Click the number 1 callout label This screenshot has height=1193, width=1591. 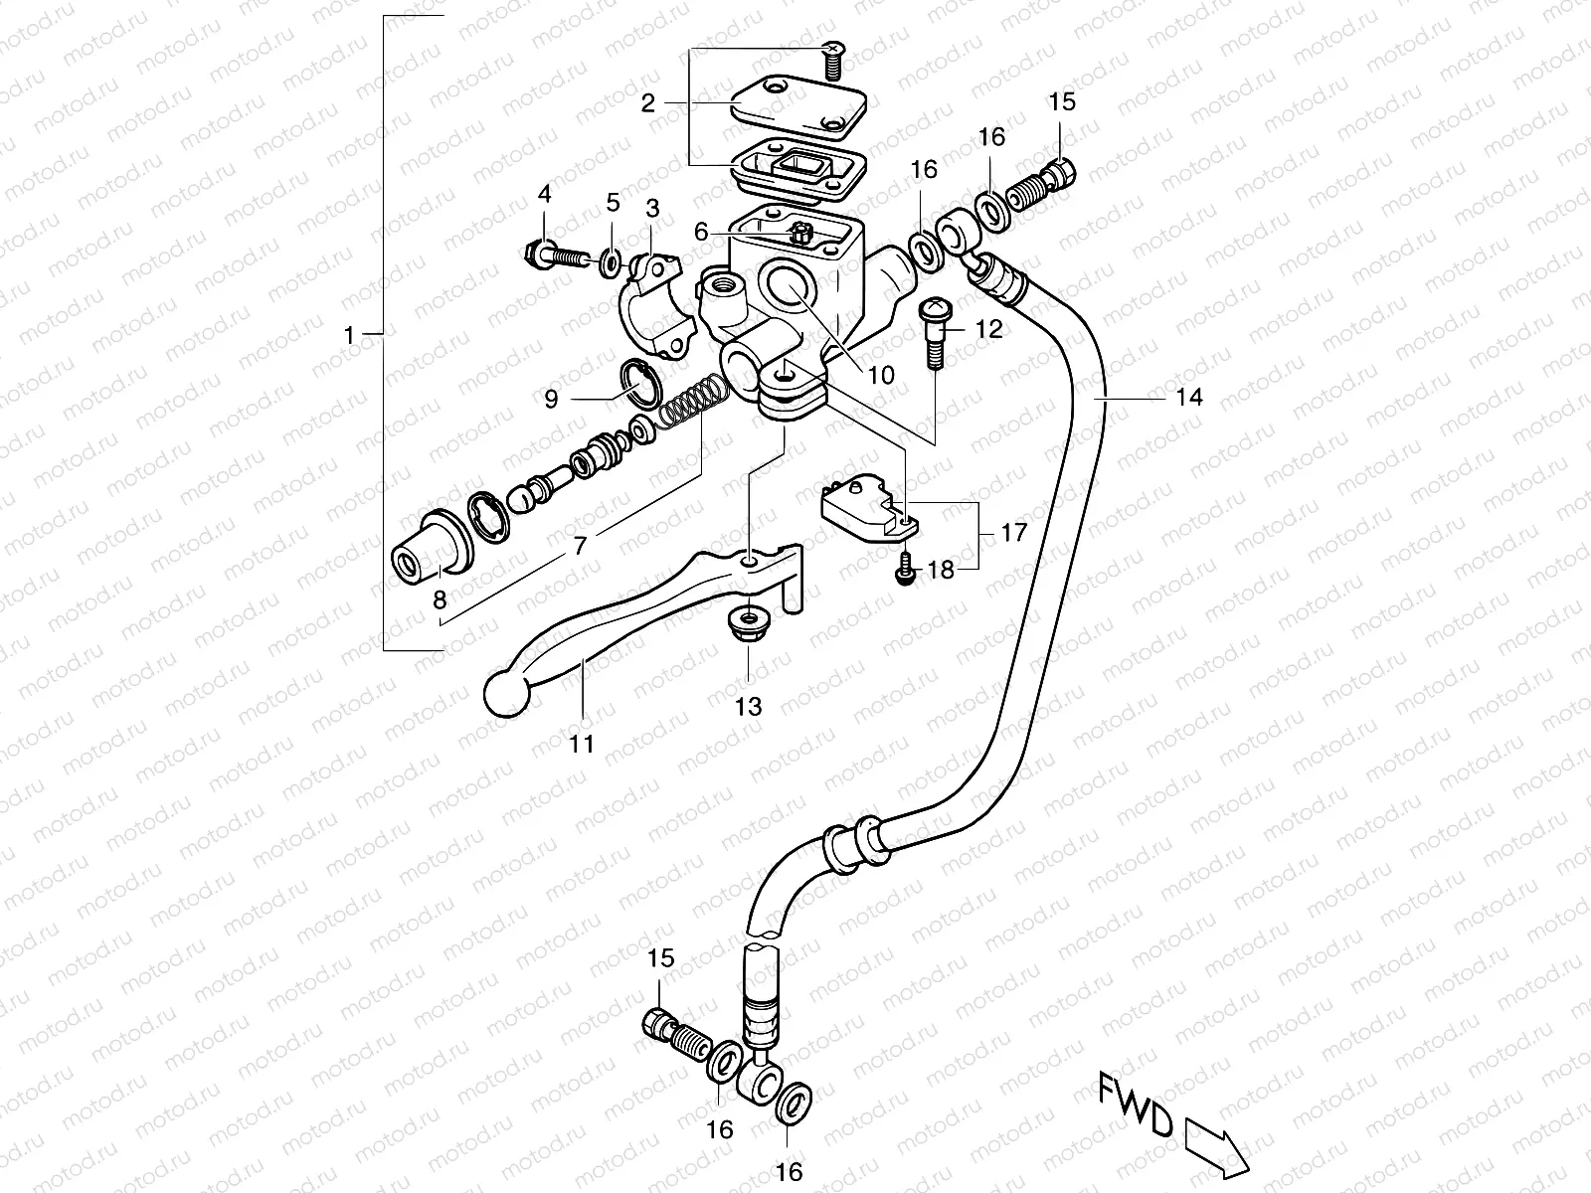coord(348,337)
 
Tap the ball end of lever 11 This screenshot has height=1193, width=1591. coord(506,693)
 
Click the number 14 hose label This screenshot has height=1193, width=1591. coord(1188,398)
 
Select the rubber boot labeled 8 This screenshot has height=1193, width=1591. coord(431,548)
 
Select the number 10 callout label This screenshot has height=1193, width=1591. coord(881,376)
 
